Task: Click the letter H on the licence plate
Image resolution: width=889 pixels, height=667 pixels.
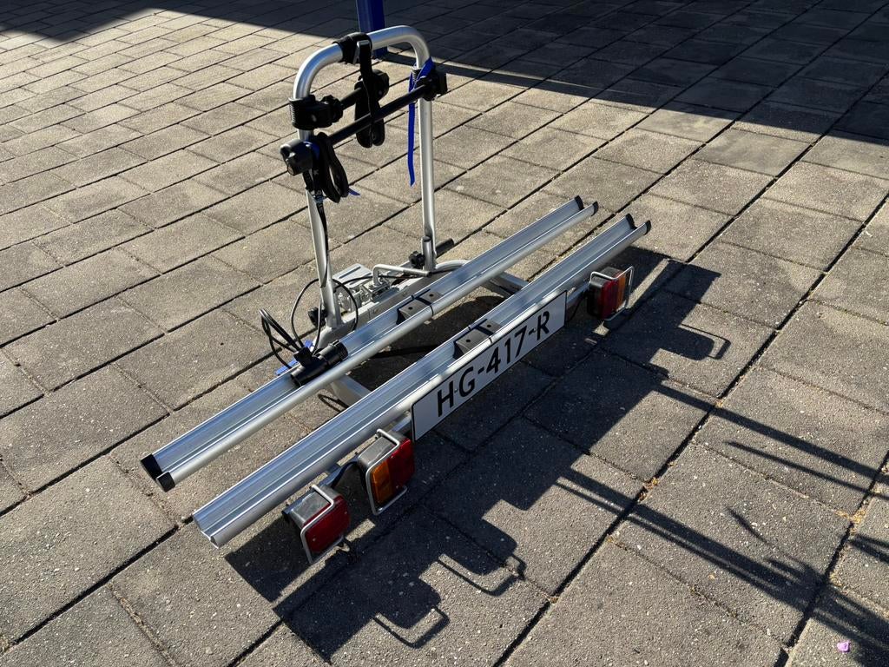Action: tap(445, 400)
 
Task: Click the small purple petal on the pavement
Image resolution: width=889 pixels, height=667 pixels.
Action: tap(844, 646)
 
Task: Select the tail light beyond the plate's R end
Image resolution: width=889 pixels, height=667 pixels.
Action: tap(609, 292)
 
